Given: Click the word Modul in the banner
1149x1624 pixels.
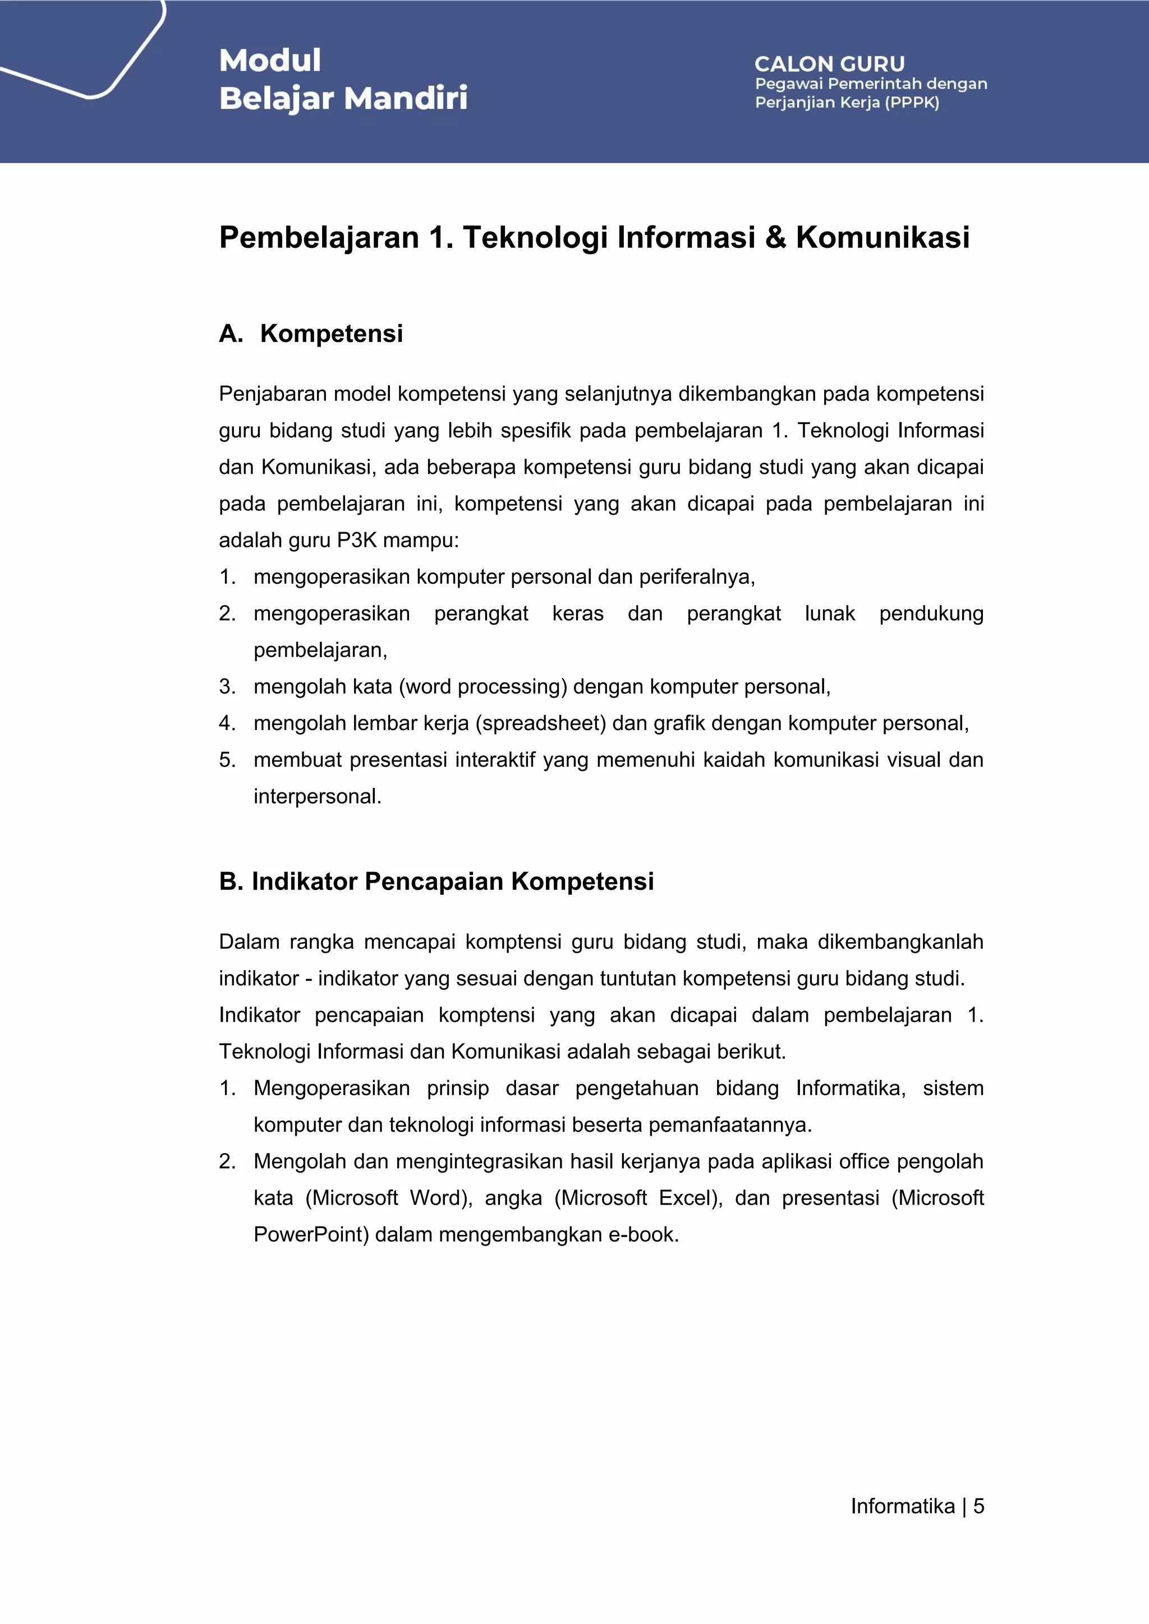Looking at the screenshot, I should tap(269, 60).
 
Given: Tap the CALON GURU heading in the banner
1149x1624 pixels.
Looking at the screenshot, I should tap(829, 64).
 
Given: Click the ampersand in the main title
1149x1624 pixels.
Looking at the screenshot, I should tap(775, 237).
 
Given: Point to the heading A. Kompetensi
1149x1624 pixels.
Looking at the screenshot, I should tap(311, 333).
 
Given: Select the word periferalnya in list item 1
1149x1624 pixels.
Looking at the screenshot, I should tap(697, 577).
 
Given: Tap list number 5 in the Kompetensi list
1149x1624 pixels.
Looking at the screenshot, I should tap(227, 760).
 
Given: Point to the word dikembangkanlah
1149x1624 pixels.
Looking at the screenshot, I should tap(900, 942).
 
